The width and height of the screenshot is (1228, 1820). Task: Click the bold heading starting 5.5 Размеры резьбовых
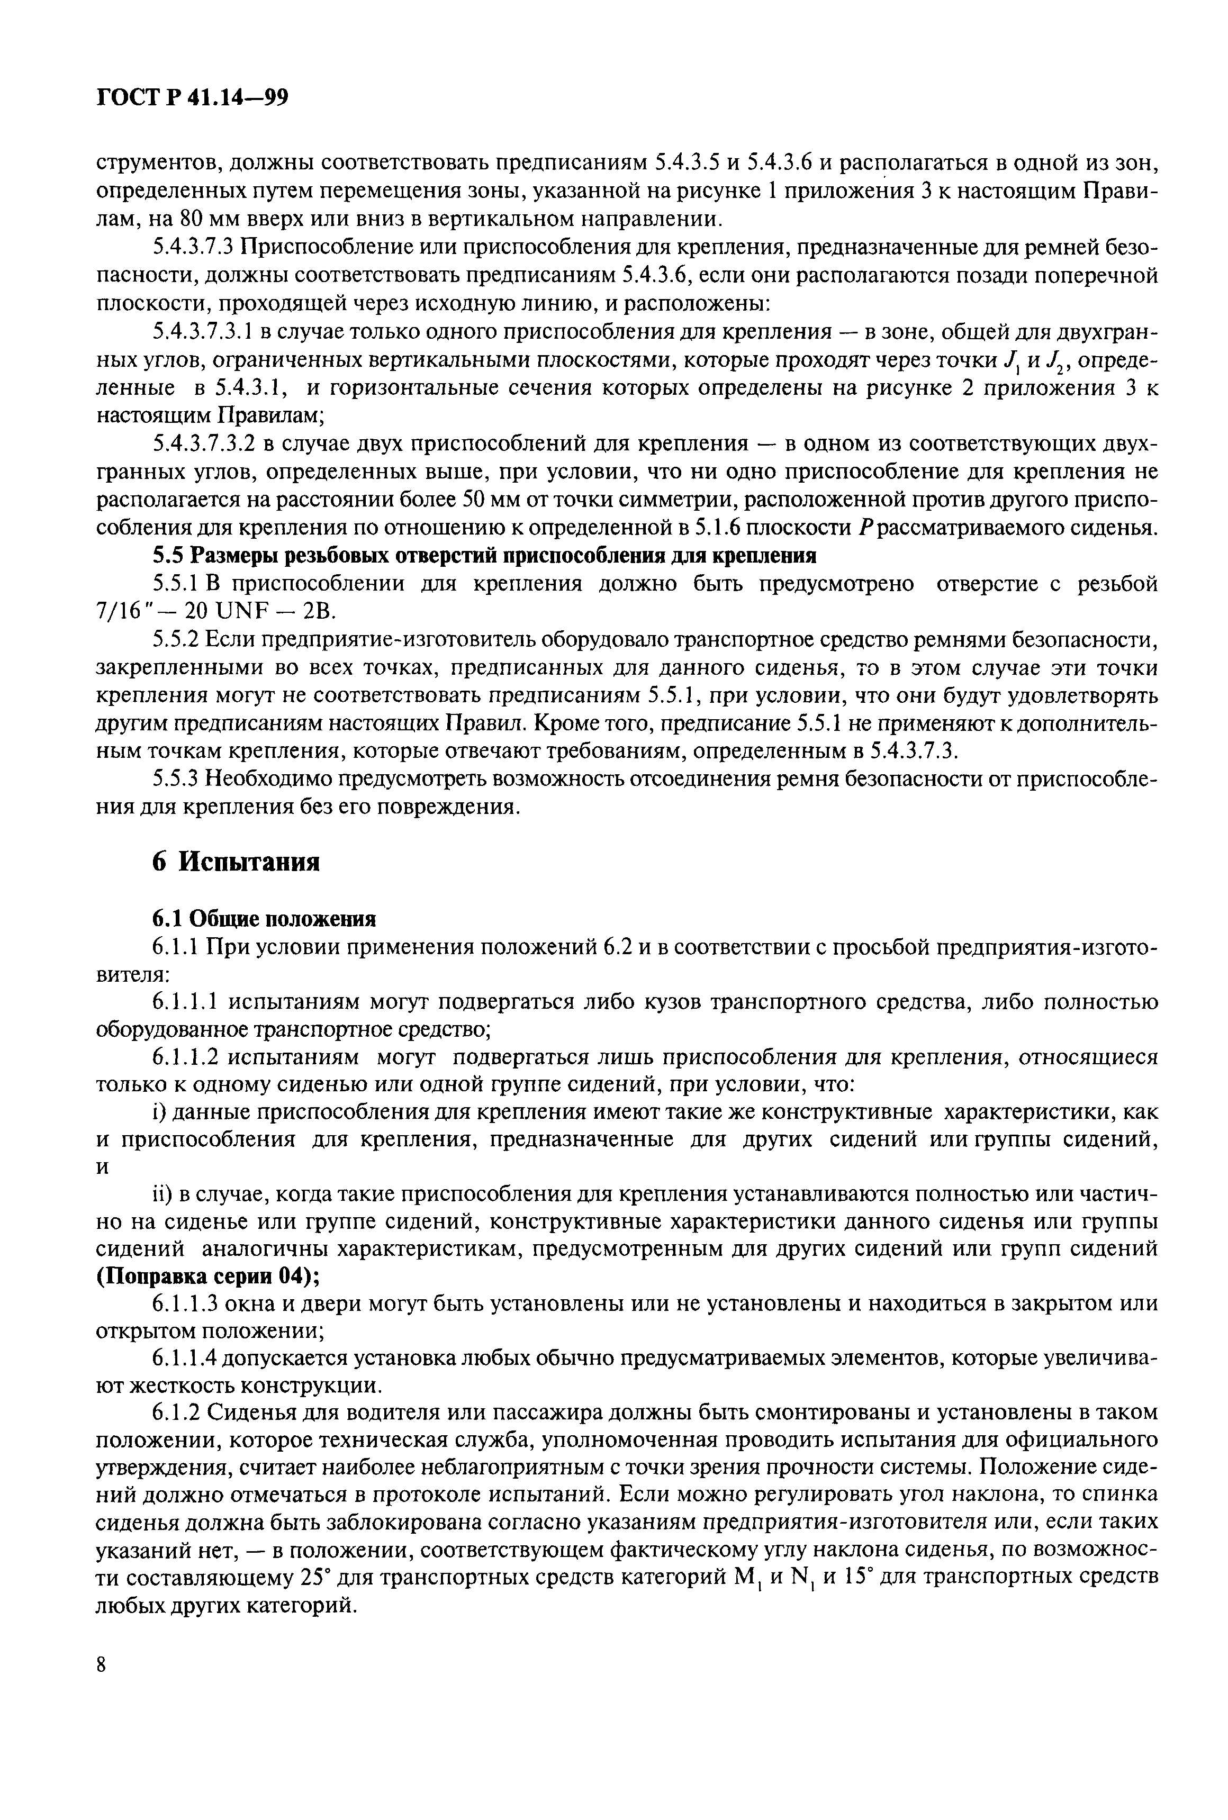[483, 556]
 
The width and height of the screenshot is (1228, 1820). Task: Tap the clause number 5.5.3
[178, 779]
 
